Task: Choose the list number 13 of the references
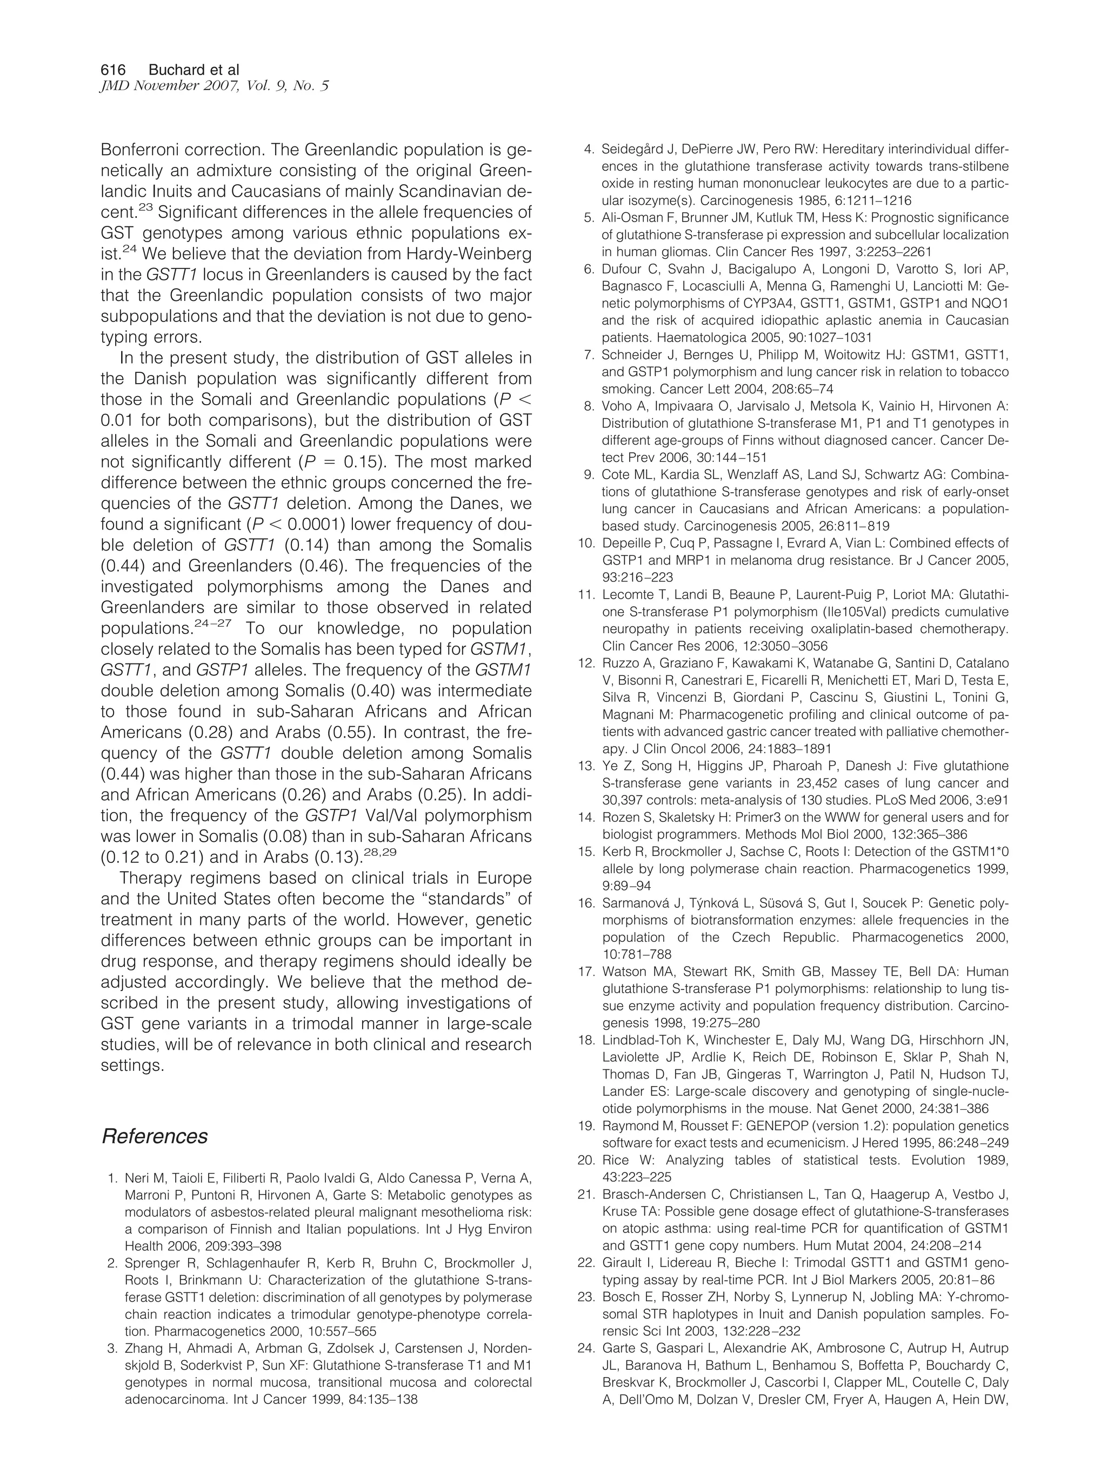tap(585, 765)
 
